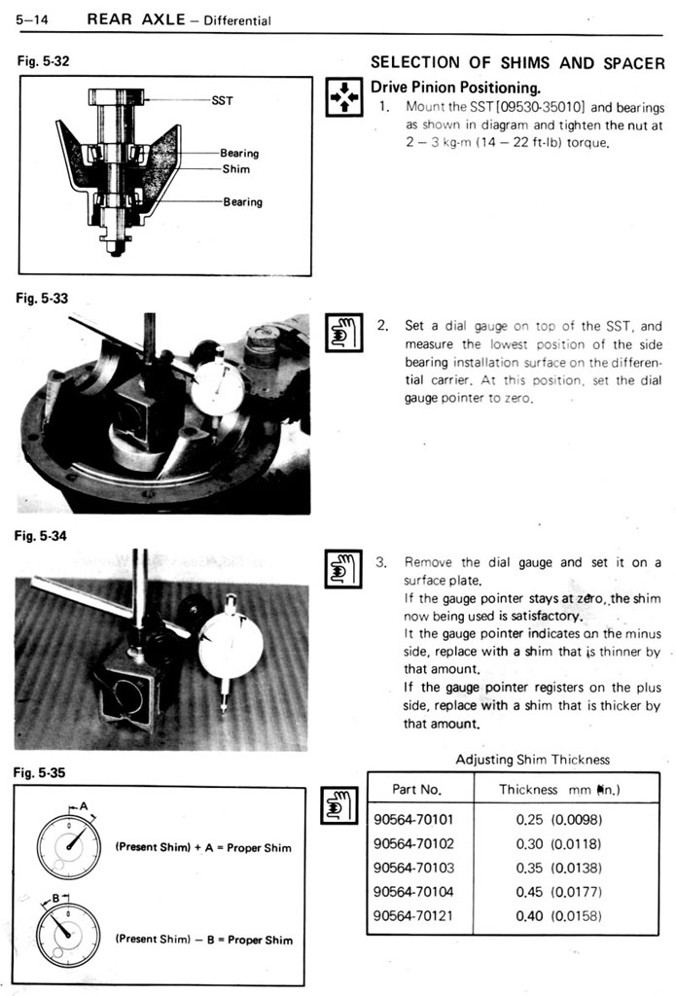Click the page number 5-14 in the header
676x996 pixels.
point(34,19)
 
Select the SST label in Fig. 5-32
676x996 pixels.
point(222,99)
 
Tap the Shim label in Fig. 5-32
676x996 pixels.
point(235,169)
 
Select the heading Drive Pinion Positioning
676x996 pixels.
point(455,87)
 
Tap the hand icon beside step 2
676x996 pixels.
point(343,331)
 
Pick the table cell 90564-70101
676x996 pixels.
point(413,819)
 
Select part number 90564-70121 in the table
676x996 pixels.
point(413,915)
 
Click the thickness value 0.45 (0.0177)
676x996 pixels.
point(559,891)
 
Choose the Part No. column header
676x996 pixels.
point(417,790)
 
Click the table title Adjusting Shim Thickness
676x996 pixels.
point(533,760)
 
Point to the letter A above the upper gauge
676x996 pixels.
point(84,806)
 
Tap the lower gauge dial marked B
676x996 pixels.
point(68,933)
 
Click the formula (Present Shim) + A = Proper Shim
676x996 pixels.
point(203,847)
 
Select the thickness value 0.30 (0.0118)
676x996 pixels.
point(559,843)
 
